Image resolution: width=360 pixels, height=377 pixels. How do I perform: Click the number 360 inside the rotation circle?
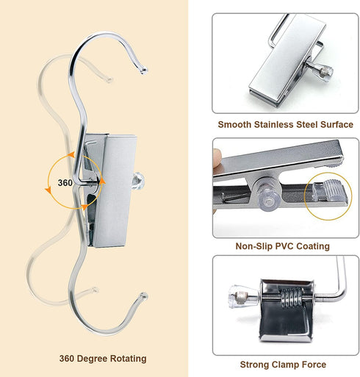coord(65,183)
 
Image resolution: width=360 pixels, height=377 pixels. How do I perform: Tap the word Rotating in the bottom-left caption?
coord(129,359)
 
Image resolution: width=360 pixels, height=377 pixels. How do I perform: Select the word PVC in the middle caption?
coord(284,246)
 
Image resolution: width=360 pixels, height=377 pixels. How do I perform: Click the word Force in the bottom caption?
coord(314,365)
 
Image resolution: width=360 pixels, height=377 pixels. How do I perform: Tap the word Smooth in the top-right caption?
coord(234,124)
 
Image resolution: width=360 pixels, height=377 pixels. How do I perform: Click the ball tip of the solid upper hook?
coord(143,71)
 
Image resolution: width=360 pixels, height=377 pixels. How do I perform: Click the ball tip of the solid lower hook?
coord(144,296)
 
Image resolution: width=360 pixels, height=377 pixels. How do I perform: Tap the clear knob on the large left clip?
coord(138,181)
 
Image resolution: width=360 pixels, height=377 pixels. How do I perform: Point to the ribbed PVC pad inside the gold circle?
coord(329,190)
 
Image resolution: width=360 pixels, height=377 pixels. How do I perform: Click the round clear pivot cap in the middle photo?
coord(268,198)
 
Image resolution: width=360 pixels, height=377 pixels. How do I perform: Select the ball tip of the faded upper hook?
coord(109,79)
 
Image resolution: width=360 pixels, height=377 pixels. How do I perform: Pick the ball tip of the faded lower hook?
coord(95,290)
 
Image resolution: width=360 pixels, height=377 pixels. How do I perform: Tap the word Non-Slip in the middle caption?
coord(254,246)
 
